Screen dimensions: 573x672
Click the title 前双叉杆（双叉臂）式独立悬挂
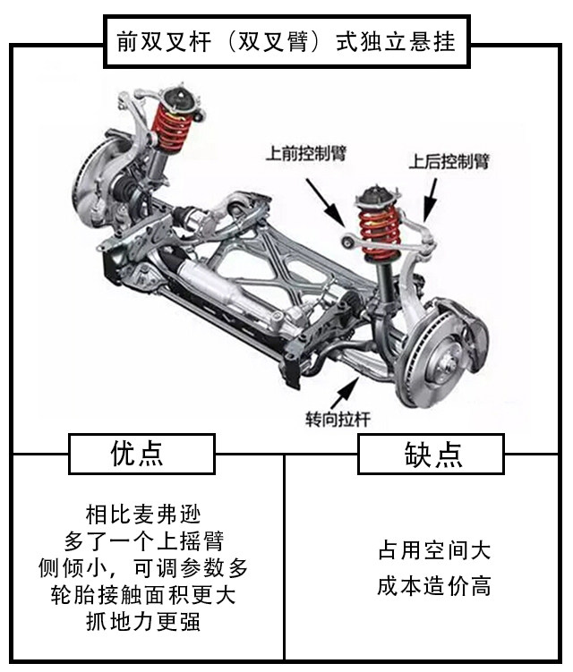point(286,41)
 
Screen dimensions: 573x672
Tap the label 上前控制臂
point(306,153)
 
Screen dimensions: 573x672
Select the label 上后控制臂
point(449,161)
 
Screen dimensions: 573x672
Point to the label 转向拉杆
point(338,419)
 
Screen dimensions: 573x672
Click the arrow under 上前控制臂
point(326,202)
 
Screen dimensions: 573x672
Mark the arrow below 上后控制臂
point(430,200)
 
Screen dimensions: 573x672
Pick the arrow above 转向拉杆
point(345,393)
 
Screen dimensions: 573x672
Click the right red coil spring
point(380,234)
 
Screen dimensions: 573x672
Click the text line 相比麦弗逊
point(143,515)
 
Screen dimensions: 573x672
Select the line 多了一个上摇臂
point(143,541)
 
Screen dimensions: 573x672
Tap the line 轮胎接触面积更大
point(143,595)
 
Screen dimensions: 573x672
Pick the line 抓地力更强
point(143,622)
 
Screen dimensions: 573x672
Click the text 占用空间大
point(434,550)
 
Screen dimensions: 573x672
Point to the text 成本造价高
point(434,586)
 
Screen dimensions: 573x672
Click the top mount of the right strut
point(378,196)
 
